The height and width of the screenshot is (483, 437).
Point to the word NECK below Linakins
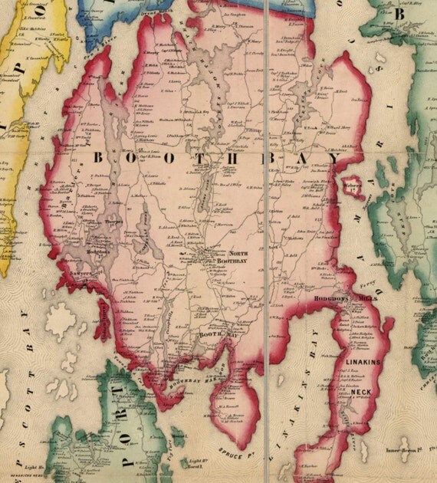[x=362, y=393]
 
